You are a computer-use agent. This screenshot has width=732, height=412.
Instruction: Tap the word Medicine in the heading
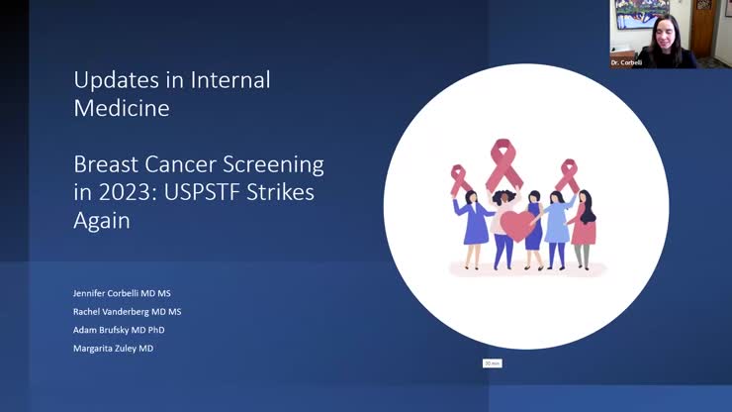point(121,108)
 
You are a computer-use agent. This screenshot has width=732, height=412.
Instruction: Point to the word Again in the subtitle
point(102,221)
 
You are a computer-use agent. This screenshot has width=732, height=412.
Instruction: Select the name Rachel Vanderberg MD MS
point(128,311)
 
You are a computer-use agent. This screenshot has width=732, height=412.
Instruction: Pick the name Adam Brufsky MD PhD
point(120,329)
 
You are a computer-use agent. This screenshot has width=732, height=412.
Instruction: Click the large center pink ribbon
point(504,163)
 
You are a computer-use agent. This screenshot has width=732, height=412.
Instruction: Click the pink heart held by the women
point(517,226)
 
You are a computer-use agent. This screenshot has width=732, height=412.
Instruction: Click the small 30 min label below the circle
point(493,363)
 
